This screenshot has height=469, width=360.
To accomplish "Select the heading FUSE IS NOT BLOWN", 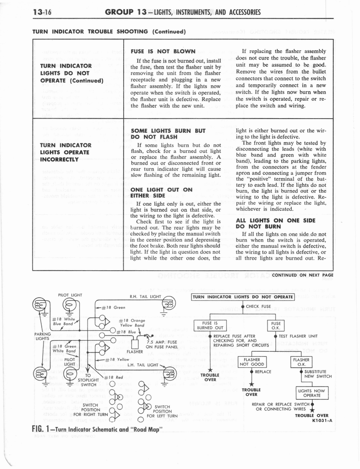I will tap(163, 51).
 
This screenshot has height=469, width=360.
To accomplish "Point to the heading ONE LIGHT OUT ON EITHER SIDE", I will tap(162, 192).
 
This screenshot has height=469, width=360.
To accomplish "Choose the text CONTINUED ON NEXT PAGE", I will tap(302, 275).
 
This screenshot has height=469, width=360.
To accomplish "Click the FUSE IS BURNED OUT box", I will tap(209, 325).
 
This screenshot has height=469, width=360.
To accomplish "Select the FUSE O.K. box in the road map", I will tap(275, 325).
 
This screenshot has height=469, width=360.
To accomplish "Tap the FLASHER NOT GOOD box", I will tap(252, 362).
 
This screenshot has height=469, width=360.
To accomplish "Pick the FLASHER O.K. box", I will tap(301, 362).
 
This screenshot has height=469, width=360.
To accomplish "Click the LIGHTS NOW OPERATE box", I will tap(311, 393).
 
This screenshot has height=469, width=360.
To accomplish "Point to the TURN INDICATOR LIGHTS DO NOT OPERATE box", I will tap(242, 297).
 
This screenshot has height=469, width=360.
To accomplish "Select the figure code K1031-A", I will tap(322, 420).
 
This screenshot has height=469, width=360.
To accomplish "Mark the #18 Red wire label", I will tap(114, 377).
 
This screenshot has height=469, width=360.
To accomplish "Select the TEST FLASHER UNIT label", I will tap(298, 336).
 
